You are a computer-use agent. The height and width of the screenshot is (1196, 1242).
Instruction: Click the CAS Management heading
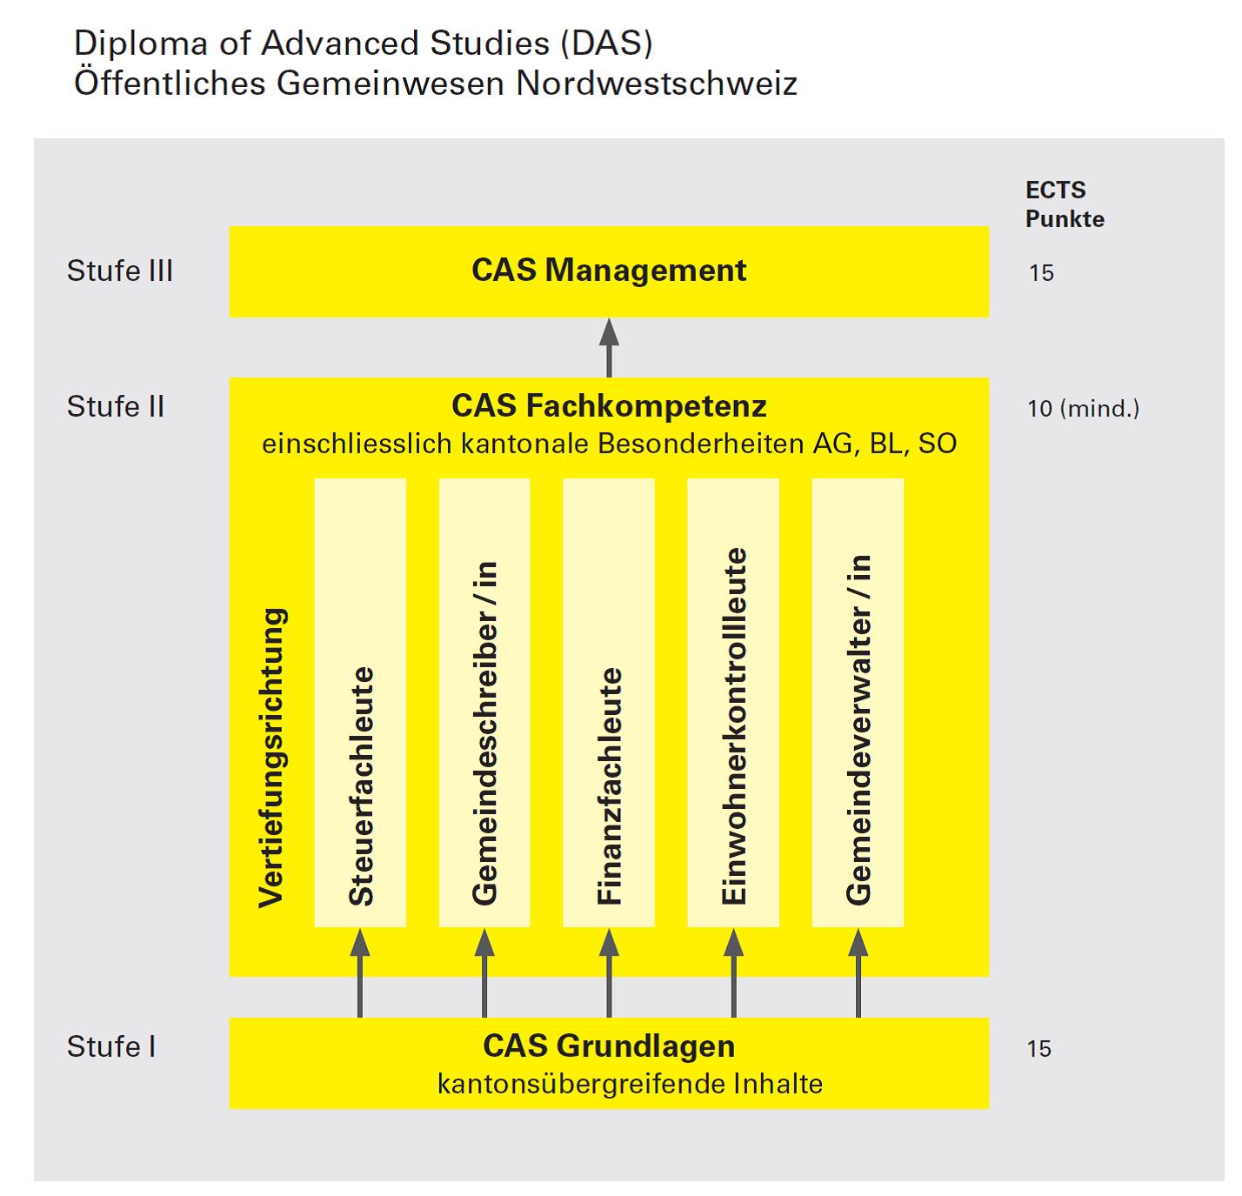(608, 271)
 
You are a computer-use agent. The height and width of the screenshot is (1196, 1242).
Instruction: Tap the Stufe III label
(120, 271)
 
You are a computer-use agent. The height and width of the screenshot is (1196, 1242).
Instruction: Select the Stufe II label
(116, 406)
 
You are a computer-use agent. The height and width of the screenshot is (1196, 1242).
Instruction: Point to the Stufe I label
(111, 1046)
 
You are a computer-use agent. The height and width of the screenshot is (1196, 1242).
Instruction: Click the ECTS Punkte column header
(1065, 204)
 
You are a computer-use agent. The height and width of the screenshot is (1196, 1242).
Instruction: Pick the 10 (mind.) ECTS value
(1083, 409)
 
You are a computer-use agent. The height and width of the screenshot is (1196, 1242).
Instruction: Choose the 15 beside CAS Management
(1041, 273)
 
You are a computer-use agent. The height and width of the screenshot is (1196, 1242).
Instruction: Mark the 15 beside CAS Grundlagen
(1039, 1049)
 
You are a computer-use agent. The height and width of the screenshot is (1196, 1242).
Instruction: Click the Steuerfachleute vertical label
(361, 786)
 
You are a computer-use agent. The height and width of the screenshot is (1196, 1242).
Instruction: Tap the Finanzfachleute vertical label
(610, 786)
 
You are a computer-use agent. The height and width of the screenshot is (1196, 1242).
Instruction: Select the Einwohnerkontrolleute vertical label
(734, 725)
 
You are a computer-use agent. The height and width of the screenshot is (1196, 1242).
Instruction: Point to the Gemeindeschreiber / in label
(485, 733)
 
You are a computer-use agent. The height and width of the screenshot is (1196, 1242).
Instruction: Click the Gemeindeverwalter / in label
(858, 730)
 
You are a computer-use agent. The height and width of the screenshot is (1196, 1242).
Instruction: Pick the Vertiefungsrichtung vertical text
(272, 758)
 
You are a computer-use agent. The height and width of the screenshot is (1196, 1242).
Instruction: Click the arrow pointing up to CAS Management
(609, 348)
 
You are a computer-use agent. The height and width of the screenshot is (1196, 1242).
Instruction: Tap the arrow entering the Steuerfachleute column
(360, 972)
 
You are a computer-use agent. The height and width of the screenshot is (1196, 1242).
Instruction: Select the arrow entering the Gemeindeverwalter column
(858, 972)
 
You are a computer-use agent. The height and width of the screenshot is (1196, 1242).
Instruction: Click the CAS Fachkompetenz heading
(609, 406)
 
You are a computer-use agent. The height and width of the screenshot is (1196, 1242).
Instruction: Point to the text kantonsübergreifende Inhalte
(630, 1084)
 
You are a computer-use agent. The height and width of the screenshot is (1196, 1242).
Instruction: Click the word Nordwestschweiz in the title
(657, 83)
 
